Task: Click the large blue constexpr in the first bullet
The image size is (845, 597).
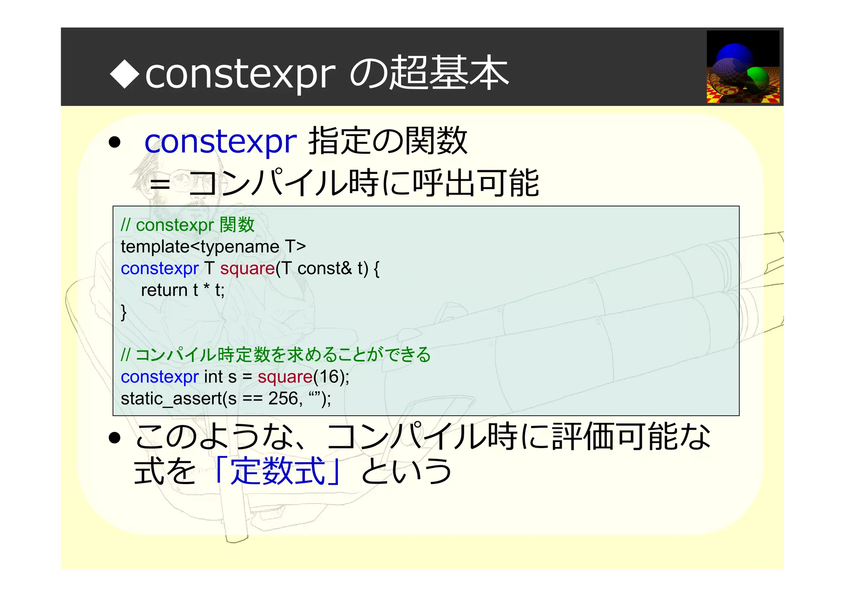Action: pos(220,141)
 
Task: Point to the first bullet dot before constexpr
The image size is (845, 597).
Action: pos(114,143)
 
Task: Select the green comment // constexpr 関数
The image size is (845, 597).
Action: pos(188,225)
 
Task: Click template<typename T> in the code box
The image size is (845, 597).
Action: pos(213,247)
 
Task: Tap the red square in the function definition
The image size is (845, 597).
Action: pos(247,269)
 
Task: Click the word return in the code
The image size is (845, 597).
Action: pos(164,290)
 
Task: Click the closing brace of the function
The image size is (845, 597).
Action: pos(123,312)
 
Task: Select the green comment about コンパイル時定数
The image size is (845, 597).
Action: pos(276,355)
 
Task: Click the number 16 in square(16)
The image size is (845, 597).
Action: pos(329,377)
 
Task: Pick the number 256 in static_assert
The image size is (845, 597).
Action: pos(283,399)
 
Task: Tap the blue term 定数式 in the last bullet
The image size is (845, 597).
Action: pos(278,471)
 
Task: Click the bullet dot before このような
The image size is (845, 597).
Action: pos(114,438)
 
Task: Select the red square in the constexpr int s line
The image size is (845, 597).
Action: pos(285,377)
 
